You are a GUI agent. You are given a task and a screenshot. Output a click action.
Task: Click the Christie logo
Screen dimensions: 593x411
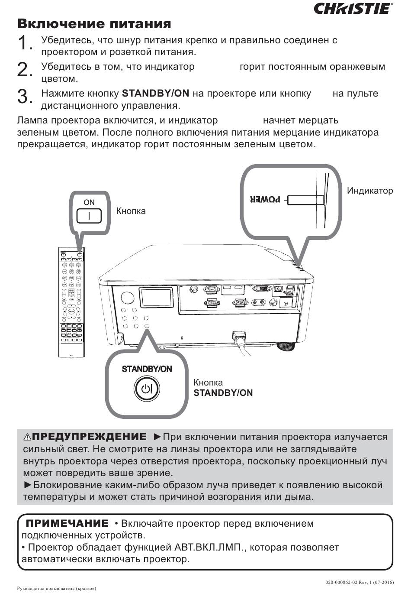pyautogui.click(x=353, y=9)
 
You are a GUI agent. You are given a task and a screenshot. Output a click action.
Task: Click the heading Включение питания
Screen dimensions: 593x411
pyautogui.click(x=94, y=24)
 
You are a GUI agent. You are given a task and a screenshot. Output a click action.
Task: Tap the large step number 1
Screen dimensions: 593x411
pyautogui.click(x=25, y=43)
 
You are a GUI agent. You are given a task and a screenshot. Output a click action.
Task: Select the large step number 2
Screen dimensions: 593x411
pyautogui.click(x=25, y=70)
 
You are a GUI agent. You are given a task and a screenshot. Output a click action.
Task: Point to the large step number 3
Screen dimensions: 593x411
pyautogui.click(x=25, y=97)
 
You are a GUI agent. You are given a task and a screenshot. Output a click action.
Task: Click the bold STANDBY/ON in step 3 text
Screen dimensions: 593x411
pyautogui.click(x=156, y=94)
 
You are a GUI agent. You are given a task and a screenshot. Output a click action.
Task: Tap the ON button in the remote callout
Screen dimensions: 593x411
pyautogui.click(x=89, y=215)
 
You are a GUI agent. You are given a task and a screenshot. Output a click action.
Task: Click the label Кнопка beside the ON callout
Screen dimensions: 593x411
pyautogui.click(x=131, y=211)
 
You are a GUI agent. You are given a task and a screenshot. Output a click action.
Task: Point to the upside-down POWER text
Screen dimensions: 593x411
pyautogui.click(x=265, y=200)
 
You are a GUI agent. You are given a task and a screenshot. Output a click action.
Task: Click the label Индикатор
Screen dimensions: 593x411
pyautogui.click(x=370, y=191)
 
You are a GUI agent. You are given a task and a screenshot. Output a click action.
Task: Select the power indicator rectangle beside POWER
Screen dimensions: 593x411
pyautogui.click(x=305, y=200)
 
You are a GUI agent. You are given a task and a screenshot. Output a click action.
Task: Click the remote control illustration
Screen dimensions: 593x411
pyautogui.click(x=72, y=302)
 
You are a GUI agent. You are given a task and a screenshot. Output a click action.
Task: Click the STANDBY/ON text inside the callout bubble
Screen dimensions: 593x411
pyautogui.click(x=147, y=369)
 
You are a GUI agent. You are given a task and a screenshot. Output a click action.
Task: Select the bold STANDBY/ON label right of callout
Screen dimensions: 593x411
pyautogui.click(x=223, y=393)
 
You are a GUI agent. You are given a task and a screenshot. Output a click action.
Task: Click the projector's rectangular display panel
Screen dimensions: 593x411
pyautogui.click(x=156, y=299)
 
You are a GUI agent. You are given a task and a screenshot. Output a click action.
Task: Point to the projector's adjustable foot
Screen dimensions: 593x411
pyautogui.click(x=286, y=346)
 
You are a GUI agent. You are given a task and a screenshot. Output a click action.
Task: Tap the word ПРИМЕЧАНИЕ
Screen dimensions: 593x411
pyautogui.click(x=67, y=523)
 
